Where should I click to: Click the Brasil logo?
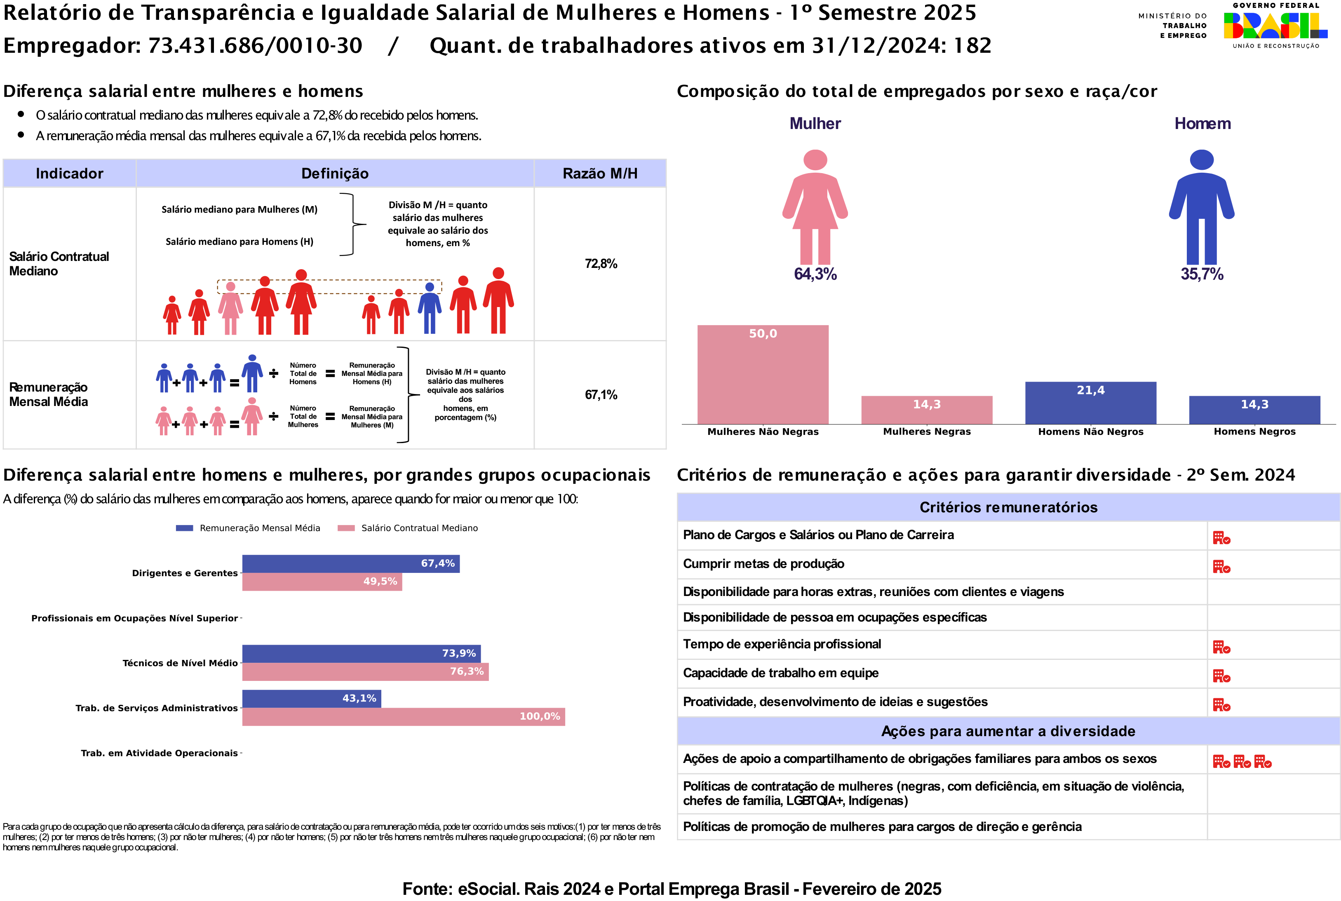(1275, 26)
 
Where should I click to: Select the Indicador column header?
(70, 174)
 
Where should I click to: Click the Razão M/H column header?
(600, 174)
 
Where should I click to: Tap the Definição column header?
(335, 174)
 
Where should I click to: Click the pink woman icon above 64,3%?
(815, 207)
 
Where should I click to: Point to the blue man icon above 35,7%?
(1201, 207)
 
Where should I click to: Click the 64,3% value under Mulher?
(815, 274)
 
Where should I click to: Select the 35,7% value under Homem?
(1201, 274)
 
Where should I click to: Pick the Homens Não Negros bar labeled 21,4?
(1090, 403)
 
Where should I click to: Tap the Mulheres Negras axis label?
(926, 432)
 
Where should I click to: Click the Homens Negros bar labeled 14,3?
(1254, 410)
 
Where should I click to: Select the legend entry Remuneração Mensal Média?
(248, 528)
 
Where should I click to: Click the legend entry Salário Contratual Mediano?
(408, 528)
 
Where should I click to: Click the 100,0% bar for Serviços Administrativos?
(403, 716)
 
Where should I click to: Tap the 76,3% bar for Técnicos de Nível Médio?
(365, 672)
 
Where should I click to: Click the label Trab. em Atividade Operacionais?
(159, 753)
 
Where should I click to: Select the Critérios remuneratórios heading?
(1008, 507)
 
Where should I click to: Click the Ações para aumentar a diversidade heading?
(1008, 732)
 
